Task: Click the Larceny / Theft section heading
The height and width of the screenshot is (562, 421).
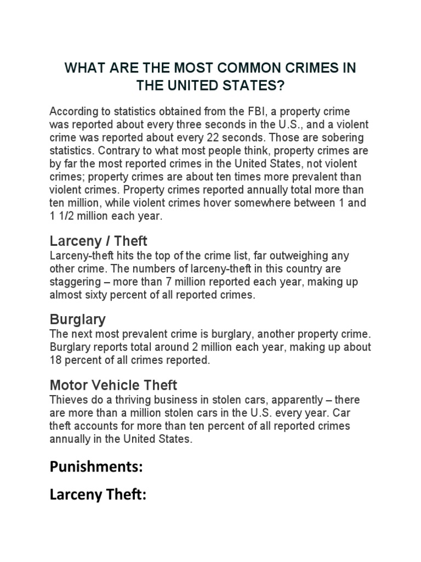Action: (99, 241)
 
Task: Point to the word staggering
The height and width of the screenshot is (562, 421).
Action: (73, 282)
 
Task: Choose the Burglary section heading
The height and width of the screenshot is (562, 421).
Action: (78, 319)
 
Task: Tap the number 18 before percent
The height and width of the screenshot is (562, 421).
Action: (56, 360)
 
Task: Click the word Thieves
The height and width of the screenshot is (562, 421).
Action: (69, 400)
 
